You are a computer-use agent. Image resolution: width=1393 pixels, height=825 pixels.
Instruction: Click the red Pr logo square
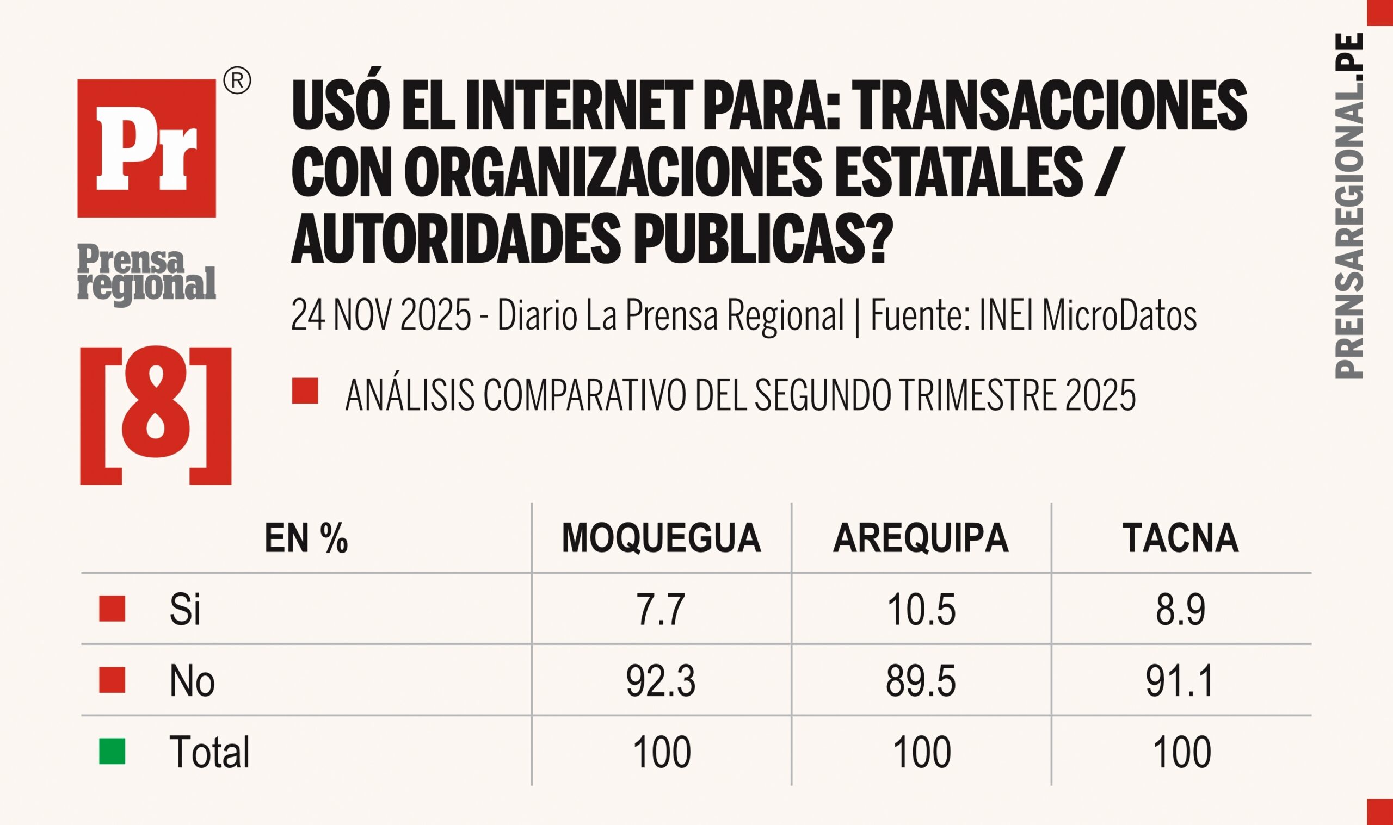pyautogui.click(x=146, y=148)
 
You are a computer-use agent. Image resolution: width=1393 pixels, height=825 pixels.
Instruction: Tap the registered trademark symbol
pyautogui.click(x=237, y=82)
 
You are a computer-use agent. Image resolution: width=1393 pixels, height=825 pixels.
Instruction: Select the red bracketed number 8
pyautogui.click(x=156, y=416)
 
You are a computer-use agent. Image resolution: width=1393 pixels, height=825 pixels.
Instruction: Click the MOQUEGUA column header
pyautogui.click(x=661, y=538)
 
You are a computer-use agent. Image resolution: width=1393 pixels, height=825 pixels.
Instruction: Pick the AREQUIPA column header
pyautogui.click(x=921, y=538)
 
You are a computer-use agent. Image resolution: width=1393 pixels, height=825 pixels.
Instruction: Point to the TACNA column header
pyautogui.click(x=1181, y=538)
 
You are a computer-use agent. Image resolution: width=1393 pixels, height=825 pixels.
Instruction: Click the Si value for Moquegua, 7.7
pyautogui.click(x=661, y=610)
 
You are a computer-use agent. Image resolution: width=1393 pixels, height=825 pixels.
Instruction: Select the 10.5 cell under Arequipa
pyautogui.click(x=921, y=610)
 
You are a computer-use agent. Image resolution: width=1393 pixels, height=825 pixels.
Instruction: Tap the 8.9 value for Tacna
pyautogui.click(x=1181, y=610)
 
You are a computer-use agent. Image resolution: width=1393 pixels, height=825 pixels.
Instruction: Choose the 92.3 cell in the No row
pyautogui.click(x=661, y=681)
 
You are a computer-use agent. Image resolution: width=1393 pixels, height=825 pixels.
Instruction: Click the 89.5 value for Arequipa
pyautogui.click(x=921, y=681)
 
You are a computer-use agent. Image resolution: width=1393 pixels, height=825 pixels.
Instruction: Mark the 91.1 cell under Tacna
pyautogui.click(x=1181, y=681)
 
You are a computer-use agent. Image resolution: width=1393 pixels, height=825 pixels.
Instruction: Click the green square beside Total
pyautogui.click(x=112, y=752)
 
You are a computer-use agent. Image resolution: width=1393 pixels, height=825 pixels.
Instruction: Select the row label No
pyautogui.click(x=192, y=681)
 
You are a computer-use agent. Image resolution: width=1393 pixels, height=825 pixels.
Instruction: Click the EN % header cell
pyautogui.click(x=306, y=538)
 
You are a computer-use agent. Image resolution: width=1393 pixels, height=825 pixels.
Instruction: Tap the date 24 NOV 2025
pyautogui.click(x=381, y=315)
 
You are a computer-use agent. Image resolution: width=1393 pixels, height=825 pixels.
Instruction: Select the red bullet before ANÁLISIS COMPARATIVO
pyautogui.click(x=305, y=391)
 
